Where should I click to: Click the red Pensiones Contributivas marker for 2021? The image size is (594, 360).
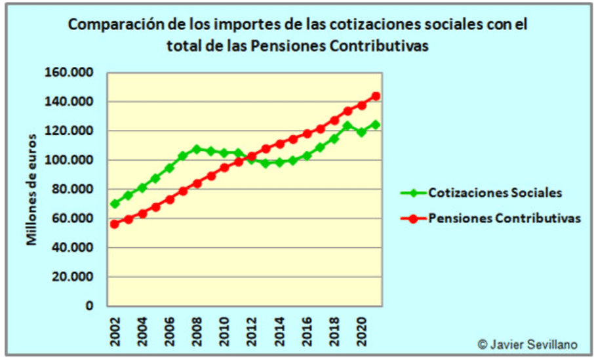[376, 96]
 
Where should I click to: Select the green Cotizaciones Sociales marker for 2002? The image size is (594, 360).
[115, 204]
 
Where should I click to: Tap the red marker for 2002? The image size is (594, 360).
[115, 224]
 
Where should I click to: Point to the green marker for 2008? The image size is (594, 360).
[197, 149]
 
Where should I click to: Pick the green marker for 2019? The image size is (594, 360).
[348, 125]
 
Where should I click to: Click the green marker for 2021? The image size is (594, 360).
[376, 125]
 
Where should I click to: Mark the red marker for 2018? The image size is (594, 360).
[334, 120]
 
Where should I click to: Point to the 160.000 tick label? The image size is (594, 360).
[68, 72]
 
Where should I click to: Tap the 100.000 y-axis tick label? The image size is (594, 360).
[68, 160]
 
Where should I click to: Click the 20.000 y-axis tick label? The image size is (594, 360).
[71, 277]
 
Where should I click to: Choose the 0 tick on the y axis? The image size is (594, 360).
[89, 306]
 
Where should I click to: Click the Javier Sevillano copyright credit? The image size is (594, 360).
[528, 344]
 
